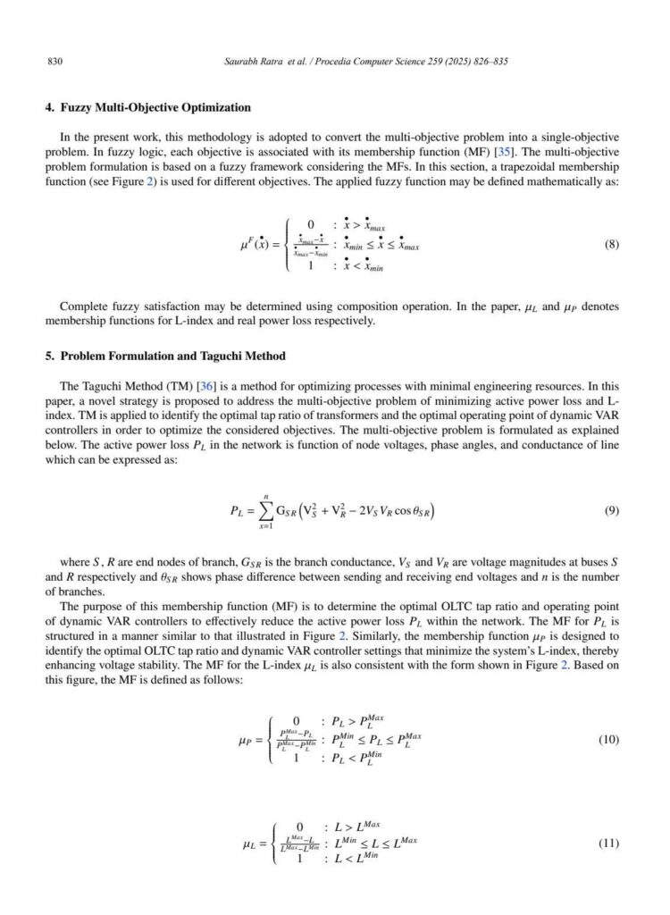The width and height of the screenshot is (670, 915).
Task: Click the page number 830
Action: click(52, 63)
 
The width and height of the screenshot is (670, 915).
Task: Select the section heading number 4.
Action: click(49, 108)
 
